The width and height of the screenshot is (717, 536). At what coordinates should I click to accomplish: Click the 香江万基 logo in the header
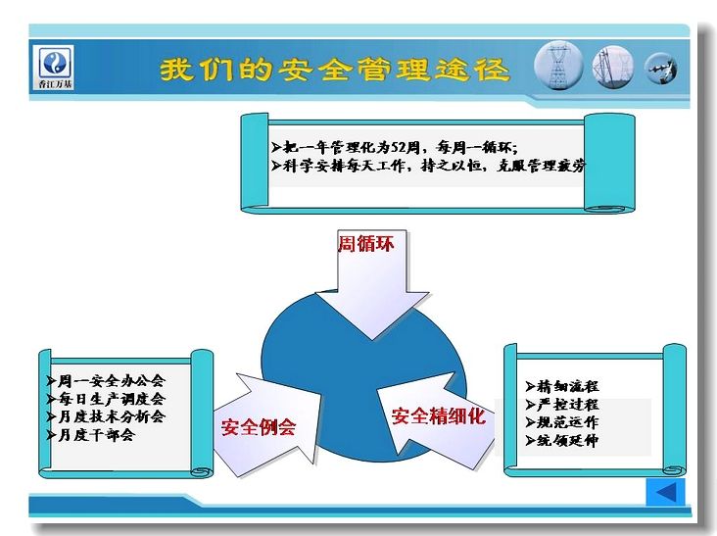point(55,68)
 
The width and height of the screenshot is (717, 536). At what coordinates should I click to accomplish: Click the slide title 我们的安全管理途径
point(334,70)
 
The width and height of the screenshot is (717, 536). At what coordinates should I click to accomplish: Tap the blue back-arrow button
point(665,492)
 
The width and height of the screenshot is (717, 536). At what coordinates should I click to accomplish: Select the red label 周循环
point(365,243)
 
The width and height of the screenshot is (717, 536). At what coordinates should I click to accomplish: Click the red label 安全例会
point(259,427)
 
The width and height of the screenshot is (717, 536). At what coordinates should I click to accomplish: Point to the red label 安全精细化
point(438,415)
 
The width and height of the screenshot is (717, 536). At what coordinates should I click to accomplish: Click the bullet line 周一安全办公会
point(106,380)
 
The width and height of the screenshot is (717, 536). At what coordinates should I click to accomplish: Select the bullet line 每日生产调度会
point(106,399)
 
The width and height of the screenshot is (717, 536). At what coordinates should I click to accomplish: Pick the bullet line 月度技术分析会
point(106,416)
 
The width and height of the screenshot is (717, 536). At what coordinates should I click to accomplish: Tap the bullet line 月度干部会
point(90,434)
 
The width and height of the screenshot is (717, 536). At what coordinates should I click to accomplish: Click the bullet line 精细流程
point(562,386)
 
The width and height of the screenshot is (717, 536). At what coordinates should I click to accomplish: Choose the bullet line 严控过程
point(562,405)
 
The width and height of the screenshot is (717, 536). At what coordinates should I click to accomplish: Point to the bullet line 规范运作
point(562,422)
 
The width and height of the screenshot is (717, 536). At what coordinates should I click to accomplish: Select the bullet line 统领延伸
point(562,440)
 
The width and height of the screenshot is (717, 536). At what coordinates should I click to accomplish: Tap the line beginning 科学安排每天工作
point(428,166)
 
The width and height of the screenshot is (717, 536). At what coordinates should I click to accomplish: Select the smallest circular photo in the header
point(661,69)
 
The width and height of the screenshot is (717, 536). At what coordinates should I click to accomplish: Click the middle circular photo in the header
point(613,68)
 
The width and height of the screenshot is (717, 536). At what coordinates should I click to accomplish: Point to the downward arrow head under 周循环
point(372,315)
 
